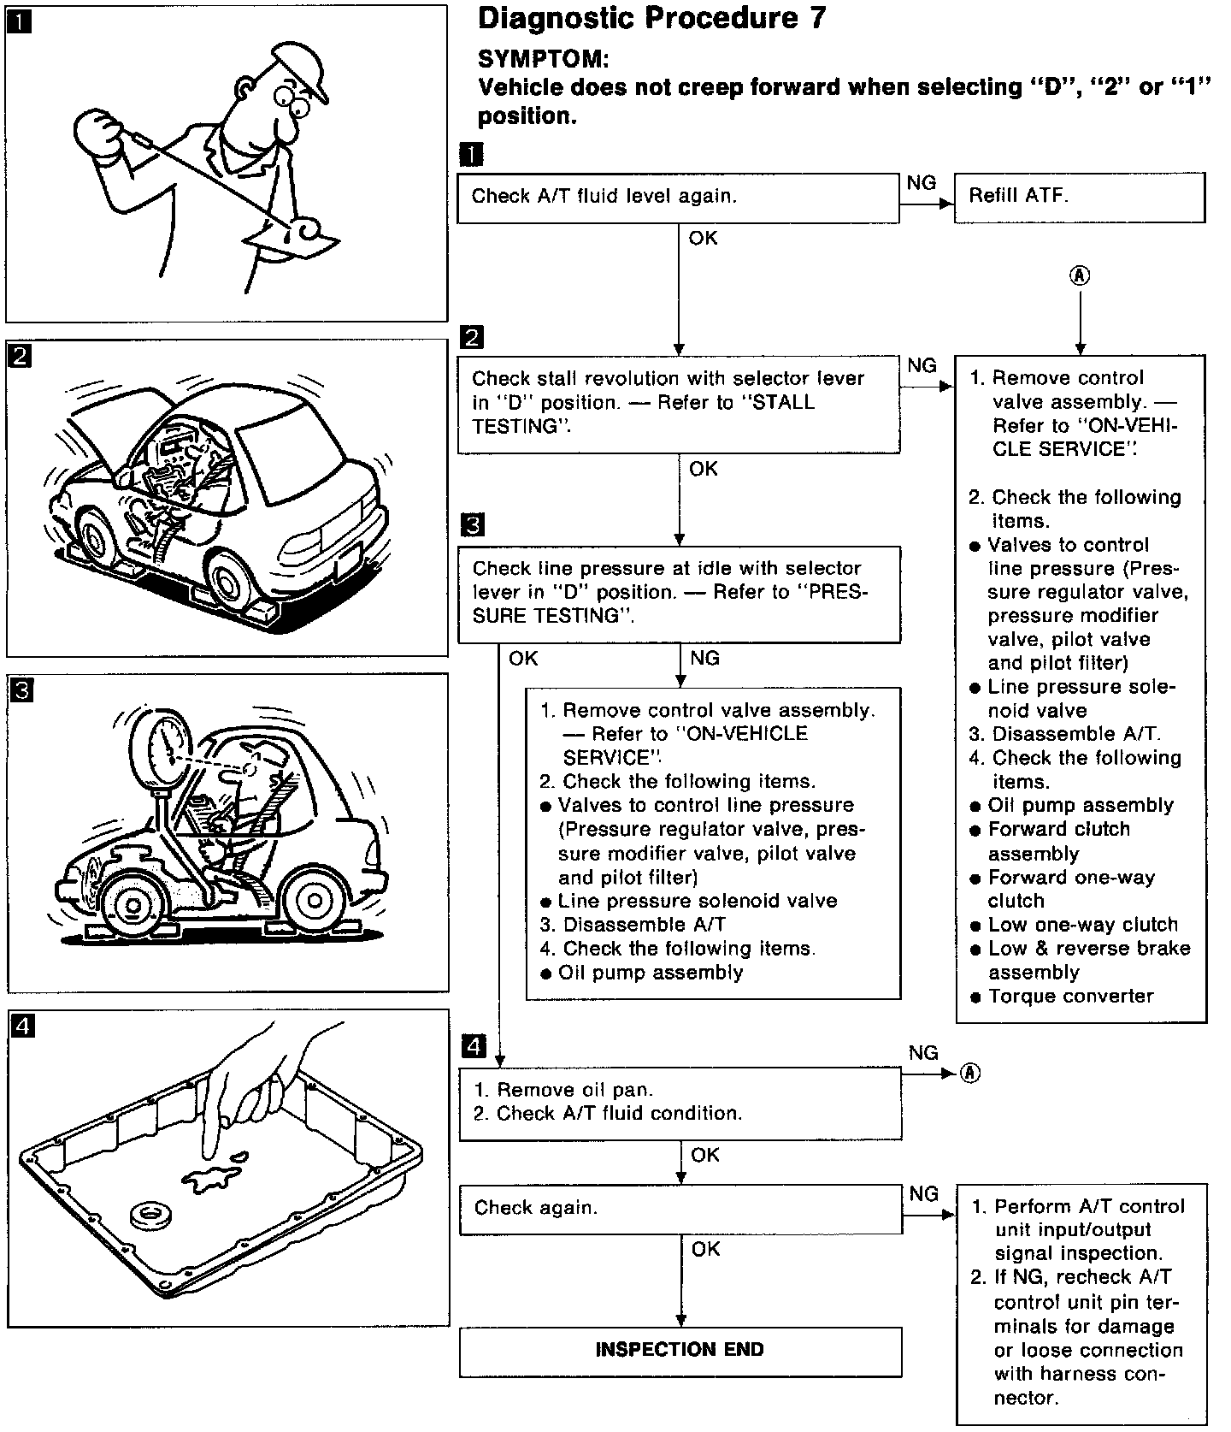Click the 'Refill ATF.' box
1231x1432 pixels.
(1079, 197)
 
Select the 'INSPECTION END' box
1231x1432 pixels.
(680, 1351)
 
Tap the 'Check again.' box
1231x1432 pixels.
(680, 1208)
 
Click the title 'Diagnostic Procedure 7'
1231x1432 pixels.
(651, 19)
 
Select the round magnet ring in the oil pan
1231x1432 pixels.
(152, 1214)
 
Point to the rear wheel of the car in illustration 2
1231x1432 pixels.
(227, 583)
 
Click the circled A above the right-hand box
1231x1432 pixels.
(1080, 275)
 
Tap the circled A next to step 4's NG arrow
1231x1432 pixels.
(969, 1073)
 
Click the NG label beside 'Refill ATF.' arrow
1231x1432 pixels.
(922, 183)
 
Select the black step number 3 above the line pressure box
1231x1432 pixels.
(471, 524)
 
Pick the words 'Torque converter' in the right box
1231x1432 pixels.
(1070, 997)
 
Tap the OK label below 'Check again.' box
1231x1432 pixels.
(706, 1250)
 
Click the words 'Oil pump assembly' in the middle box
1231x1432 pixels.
(650, 973)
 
